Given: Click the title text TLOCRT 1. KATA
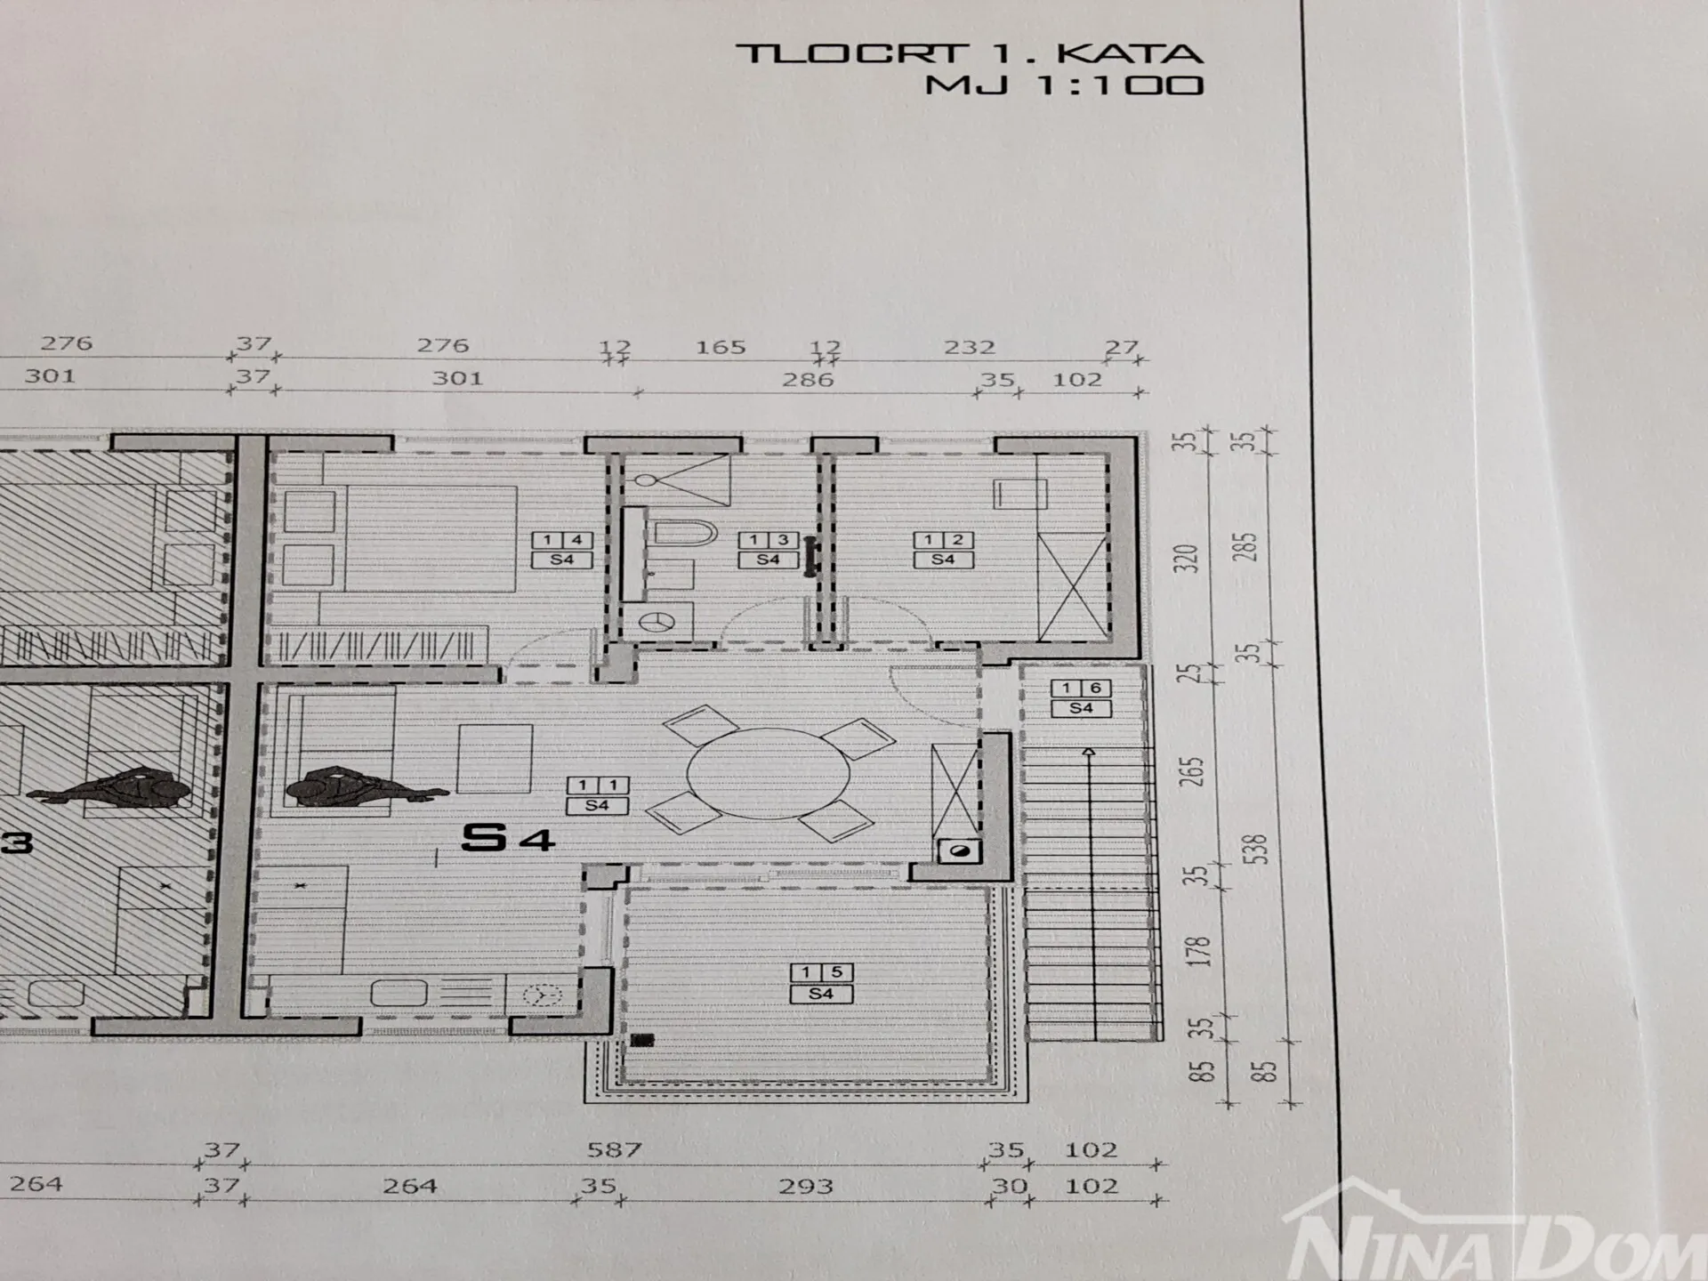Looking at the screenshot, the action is [970, 52].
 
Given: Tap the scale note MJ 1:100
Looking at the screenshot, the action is [1064, 85].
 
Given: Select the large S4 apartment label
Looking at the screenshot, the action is [508, 837].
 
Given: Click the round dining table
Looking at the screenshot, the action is [769, 772].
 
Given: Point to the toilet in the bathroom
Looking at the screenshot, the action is [685, 534].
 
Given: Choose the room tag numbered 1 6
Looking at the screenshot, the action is [1081, 697].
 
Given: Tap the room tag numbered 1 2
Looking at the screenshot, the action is [943, 549].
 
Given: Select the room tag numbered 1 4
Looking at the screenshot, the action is [562, 549].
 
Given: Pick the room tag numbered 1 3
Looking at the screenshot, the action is [768, 549].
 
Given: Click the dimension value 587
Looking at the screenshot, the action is [614, 1149].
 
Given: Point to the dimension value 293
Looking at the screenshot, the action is [805, 1186].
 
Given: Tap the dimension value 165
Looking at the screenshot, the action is [720, 346].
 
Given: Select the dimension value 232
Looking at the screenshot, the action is [969, 346].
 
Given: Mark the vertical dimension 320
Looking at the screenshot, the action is [1189, 558].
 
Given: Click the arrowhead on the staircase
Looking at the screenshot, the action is [1089, 753].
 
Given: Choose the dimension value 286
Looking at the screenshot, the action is [808, 379].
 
